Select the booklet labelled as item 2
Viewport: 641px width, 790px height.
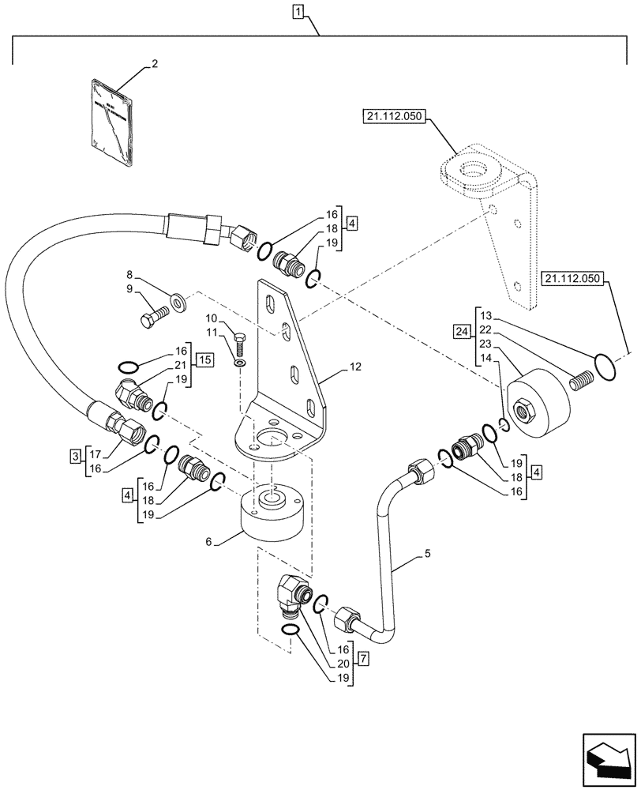111,122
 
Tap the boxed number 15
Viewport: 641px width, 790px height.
204,361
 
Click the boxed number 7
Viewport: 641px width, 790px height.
363,657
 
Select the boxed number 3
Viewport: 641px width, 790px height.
74,456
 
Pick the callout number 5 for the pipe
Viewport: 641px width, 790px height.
427,554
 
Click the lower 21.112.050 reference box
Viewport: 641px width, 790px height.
572,279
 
